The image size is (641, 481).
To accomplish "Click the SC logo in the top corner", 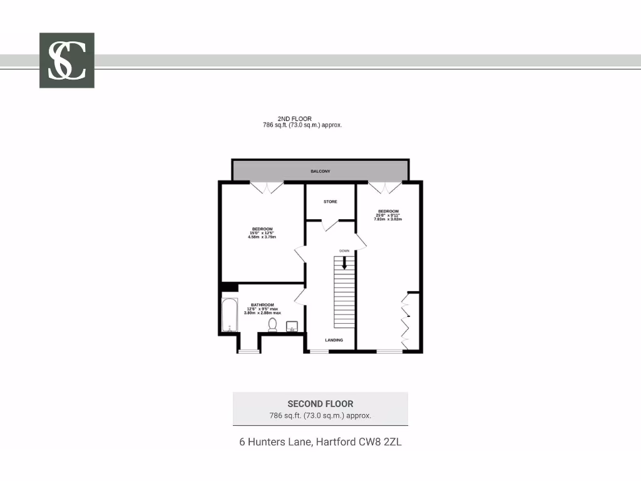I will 67,60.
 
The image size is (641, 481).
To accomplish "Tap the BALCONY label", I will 320,171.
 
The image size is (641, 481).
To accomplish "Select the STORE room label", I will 330,202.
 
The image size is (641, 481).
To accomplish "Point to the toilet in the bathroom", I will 272,324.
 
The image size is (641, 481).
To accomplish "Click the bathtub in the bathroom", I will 228,316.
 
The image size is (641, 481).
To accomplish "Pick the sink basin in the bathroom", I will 292,326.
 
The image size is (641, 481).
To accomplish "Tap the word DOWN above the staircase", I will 344,251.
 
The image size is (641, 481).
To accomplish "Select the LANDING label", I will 334,340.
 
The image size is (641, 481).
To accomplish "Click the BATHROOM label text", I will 263,305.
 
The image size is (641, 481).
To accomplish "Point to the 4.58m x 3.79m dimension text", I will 262,237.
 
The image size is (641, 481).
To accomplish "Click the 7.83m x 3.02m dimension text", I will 387,220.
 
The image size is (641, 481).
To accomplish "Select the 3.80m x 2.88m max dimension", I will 262,313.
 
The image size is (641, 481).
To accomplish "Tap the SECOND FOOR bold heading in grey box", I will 320,404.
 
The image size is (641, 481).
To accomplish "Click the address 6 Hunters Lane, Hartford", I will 320,442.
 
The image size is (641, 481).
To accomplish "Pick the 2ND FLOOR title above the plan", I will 295,118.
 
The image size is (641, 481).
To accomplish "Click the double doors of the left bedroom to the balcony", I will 267,187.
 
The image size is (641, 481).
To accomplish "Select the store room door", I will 329,225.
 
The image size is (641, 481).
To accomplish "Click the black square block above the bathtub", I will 230,287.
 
